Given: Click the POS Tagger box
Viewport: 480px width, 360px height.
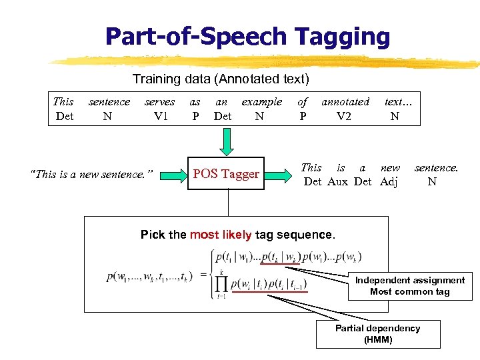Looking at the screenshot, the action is point(226,174).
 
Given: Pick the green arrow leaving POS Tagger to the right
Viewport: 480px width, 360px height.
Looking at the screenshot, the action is point(282,175).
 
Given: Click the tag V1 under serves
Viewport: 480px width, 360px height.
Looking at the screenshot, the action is point(160,115).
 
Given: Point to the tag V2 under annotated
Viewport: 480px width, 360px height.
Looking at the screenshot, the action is point(344,115).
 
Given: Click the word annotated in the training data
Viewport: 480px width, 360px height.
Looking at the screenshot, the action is point(345,102).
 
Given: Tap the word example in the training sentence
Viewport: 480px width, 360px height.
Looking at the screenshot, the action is point(261,102).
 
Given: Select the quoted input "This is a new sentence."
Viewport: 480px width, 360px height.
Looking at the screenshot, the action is point(92,175).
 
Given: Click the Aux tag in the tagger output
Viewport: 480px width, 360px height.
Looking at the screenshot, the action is point(341,181).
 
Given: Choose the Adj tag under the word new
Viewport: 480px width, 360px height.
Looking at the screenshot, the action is point(389,181).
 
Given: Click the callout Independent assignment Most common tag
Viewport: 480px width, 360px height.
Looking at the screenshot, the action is point(410,286).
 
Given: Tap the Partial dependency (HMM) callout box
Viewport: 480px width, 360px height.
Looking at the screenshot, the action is point(377,333).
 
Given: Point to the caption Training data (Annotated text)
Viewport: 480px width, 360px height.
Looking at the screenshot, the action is point(221,79).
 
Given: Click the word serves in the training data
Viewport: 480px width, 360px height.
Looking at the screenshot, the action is point(159,102).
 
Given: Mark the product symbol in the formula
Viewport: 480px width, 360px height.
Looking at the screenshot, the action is point(221,285).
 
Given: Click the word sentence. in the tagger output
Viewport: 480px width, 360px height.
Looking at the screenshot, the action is point(436,168).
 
